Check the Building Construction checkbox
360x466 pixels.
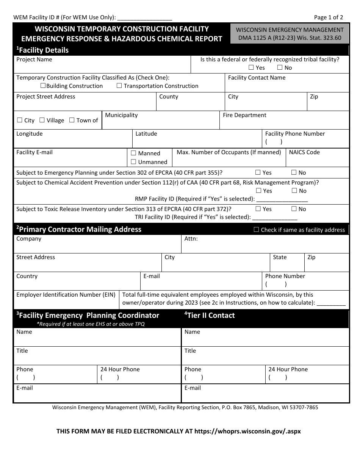point(43,86)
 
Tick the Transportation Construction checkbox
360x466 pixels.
point(119,86)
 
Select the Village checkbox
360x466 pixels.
point(42,120)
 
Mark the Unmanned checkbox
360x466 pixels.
point(133,162)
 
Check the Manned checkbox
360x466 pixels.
point(133,153)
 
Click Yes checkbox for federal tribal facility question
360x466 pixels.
point(251,68)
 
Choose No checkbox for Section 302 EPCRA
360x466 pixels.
point(294,173)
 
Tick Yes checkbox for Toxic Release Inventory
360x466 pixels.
point(258,209)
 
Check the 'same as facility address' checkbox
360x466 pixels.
point(256,230)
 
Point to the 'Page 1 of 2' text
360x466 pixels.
point(329,17)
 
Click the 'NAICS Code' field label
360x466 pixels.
point(304,152)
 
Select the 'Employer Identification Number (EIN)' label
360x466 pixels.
point(66,295)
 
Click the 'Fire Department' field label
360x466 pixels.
point(244,115)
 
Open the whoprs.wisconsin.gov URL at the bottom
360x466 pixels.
point(247,431)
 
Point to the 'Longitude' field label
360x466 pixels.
point(30,134)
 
